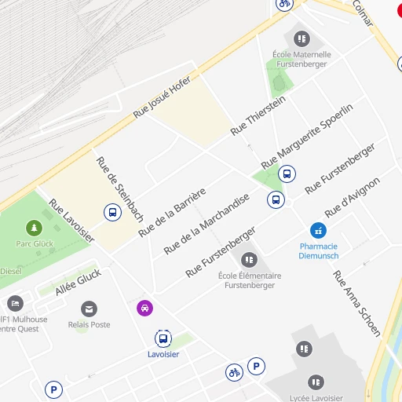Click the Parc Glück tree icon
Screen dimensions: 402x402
[34, 228]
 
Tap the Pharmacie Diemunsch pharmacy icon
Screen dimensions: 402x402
[318, 230]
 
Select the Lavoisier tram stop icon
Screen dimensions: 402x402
[163, 339]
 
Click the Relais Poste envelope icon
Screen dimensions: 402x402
[90, 309]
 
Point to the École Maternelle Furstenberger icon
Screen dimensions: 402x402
[301, 38]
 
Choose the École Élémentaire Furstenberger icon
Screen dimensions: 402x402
[249, 259]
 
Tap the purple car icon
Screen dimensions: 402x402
[144, 308]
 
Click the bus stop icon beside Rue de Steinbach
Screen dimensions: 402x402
[112, 211]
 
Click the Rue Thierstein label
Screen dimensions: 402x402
[258, 115]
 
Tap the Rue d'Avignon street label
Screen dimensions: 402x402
[352, 197]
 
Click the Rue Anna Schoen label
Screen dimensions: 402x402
[356, 303]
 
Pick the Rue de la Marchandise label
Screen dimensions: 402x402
[206, 224]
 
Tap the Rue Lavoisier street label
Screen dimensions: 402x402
[71, 220]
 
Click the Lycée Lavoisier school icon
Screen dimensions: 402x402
[316, 382]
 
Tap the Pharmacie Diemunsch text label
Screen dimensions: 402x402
[319, 250]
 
